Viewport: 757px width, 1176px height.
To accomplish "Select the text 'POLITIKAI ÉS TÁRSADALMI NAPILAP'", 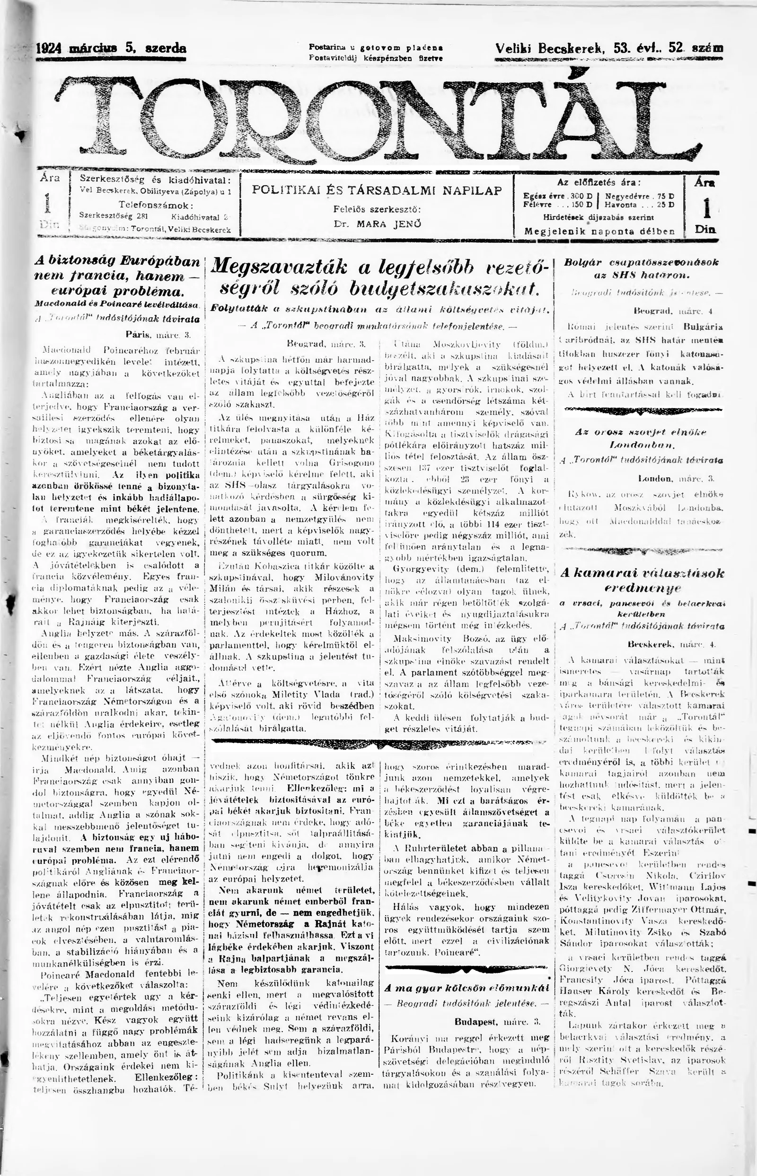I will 377,190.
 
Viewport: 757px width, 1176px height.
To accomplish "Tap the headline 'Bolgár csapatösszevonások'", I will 642,262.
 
